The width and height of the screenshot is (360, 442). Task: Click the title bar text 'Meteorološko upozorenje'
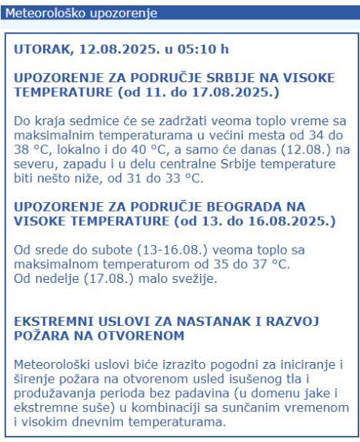point(70,13)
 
